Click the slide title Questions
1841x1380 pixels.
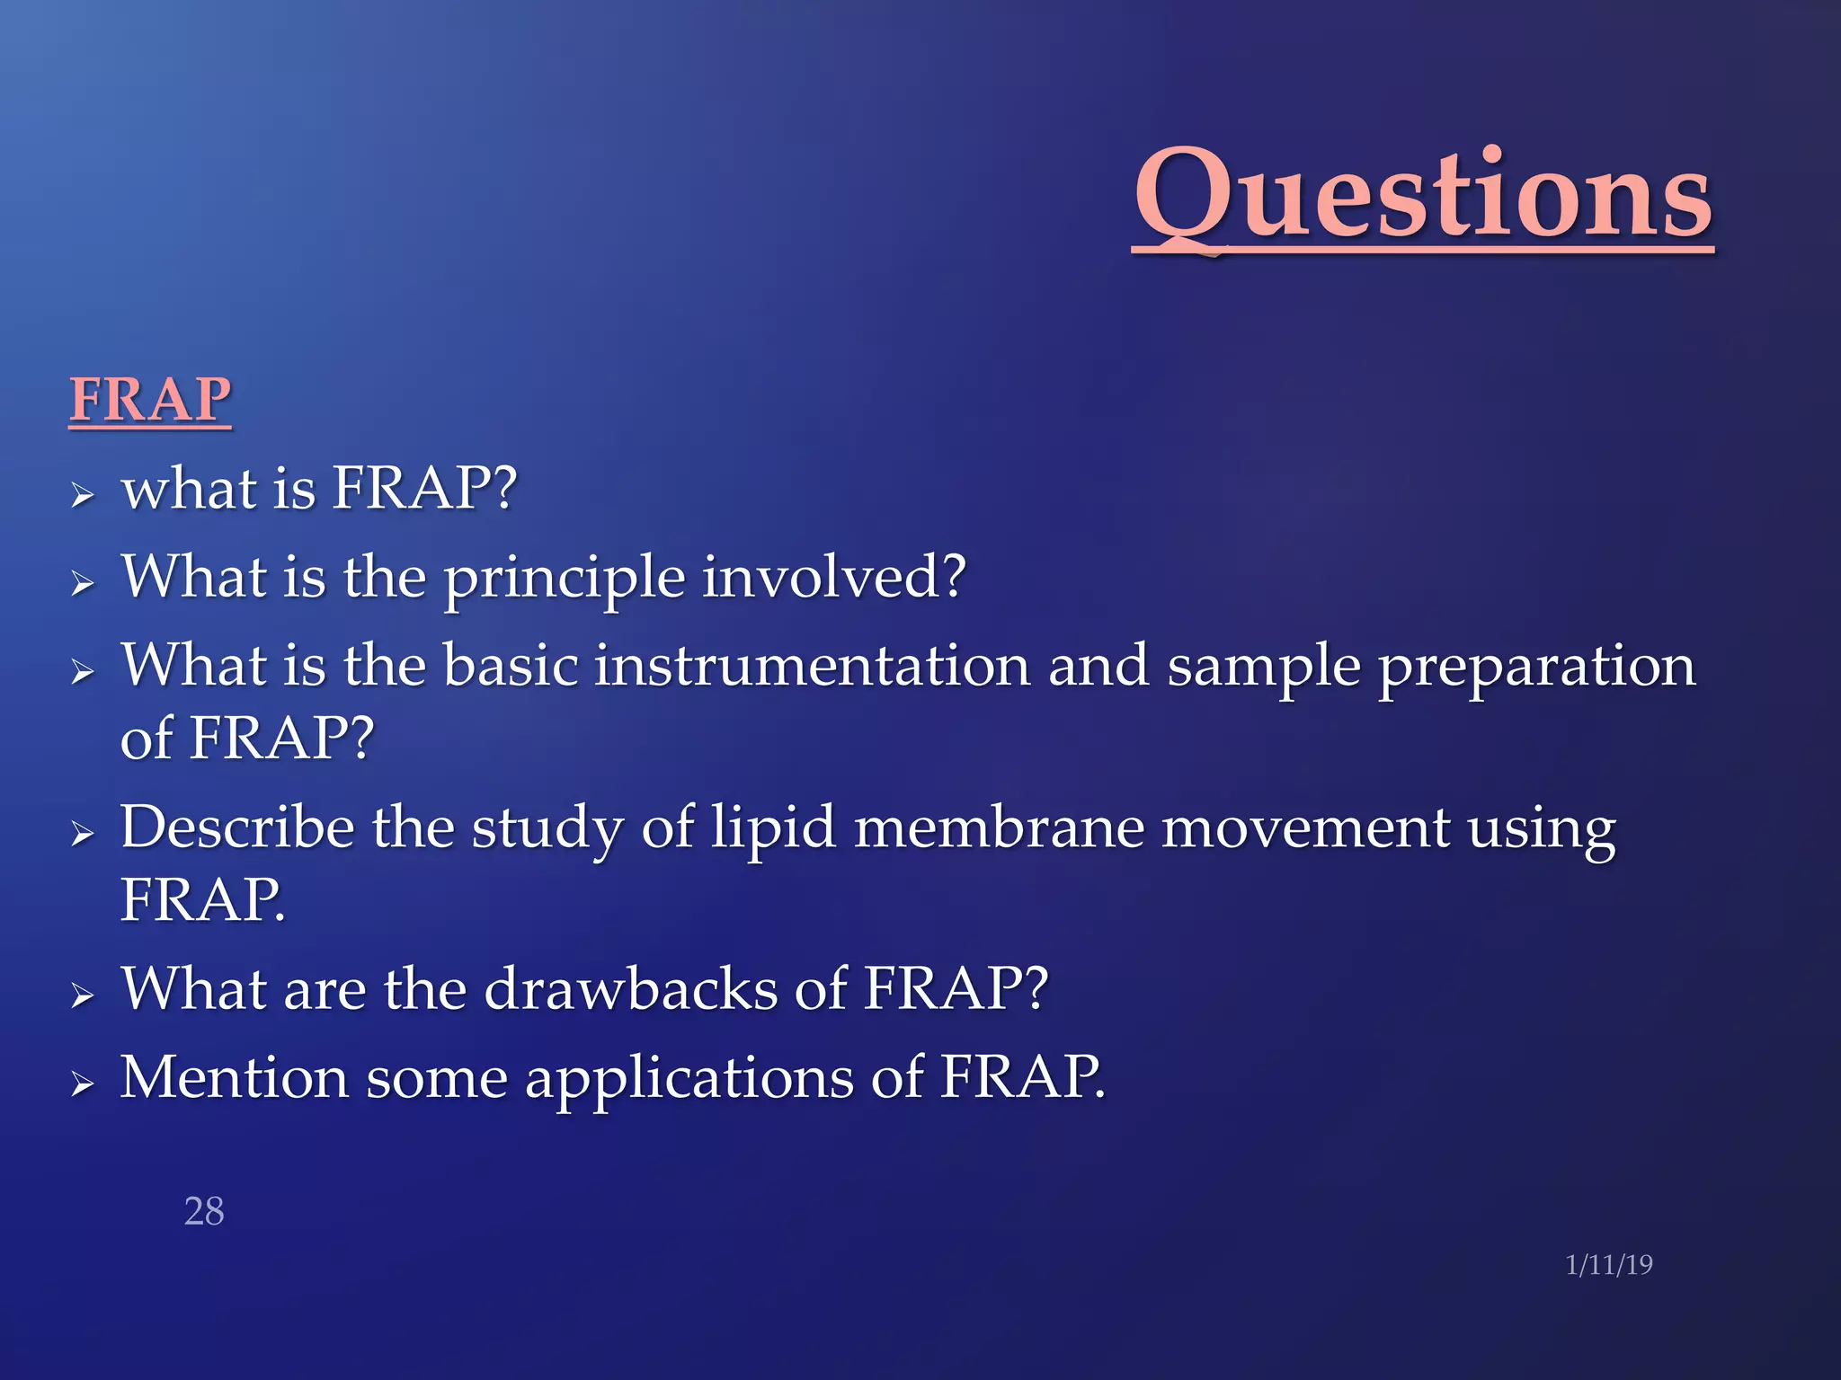point(1423,195)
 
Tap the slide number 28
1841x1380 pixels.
point(204,1211)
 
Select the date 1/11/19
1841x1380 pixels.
point(1608,1264)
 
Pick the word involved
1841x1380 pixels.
point(833,577)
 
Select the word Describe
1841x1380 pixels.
point(237,827)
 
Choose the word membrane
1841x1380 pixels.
point(999,827)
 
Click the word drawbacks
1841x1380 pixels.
point(630,988)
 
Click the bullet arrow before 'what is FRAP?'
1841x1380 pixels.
point(83,494)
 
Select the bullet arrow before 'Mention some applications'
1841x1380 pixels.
point(83,1084)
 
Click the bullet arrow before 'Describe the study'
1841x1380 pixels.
point(83,834)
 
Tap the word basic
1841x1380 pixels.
point(511,666)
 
